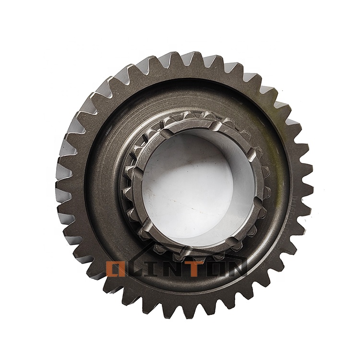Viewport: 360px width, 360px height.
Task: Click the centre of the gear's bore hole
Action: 199,189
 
